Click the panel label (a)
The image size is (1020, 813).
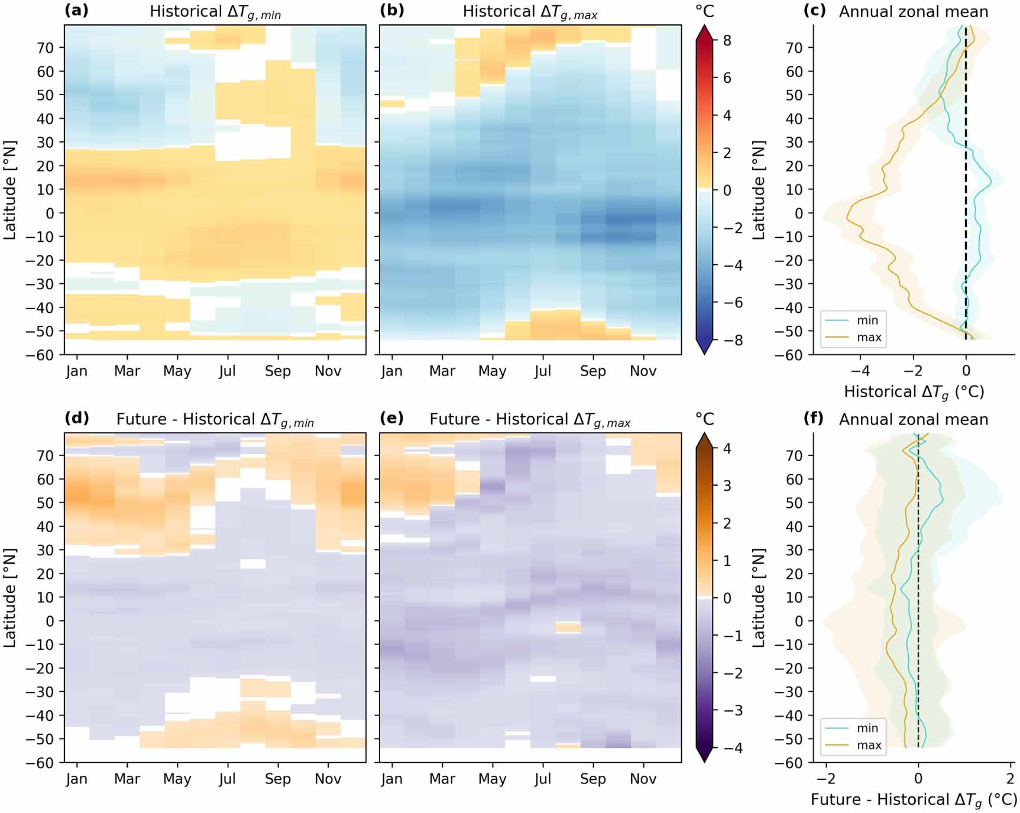click(x=77, y=11)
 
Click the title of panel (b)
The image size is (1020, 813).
click(x=529, y=12)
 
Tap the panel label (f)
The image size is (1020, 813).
click(x=814, y=419)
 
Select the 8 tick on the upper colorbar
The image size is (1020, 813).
click(x=727, y=40)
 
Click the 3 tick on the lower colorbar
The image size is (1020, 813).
click(x=727, y=485)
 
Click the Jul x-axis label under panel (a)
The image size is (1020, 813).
click(x=226, y=371)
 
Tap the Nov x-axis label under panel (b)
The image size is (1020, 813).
click(x=643, y=371)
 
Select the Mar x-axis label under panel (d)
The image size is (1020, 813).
click(x=127, y=779)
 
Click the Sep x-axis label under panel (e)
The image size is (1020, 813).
click(x=592, y=779)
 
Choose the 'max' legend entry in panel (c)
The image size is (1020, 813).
click(x=869, y=337)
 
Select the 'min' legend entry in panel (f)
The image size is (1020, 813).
click(x=867, y=728)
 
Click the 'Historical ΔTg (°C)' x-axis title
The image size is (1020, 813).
click(x=914, y=392)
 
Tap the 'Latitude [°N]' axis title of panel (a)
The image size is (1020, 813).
click(x=9, y=190)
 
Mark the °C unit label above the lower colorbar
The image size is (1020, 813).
click(x=705, y=419)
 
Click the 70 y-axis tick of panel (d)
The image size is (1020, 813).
click(x=45, y=456)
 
